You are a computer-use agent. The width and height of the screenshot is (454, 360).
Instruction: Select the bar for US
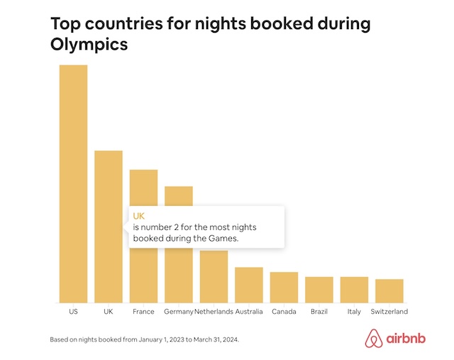tap(73, 184)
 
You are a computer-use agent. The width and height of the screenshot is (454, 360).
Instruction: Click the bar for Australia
tap(249, 285)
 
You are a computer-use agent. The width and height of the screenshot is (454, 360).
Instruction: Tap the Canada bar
tap(284, 287)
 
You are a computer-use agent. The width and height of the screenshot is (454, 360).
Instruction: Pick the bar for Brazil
tap(319, 290)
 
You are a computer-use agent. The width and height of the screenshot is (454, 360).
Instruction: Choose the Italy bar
tap(354, 290)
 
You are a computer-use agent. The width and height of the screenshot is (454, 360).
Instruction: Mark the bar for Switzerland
tap(389, 290)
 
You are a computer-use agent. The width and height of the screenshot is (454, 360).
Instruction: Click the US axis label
tap(73, 312)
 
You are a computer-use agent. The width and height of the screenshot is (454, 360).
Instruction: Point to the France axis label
tap(143, 312)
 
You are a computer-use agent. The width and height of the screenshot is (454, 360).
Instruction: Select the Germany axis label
tap(178, 312)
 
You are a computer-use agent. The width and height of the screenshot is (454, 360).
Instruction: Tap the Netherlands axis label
tap(214, 312)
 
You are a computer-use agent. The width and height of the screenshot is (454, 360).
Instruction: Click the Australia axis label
tap(249, 312)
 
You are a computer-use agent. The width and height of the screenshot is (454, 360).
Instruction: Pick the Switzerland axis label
tap(389, 312)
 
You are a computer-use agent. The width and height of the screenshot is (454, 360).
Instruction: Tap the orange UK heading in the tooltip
tap(138, 216)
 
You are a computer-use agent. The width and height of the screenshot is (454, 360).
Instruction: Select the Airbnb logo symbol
tap(374, 339)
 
